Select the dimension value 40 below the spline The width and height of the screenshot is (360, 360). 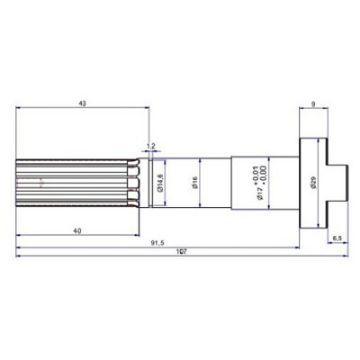pyautogui.click(x=78, y=231)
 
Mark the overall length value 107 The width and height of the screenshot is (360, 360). pyautogui.click(x=181, y=252)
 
